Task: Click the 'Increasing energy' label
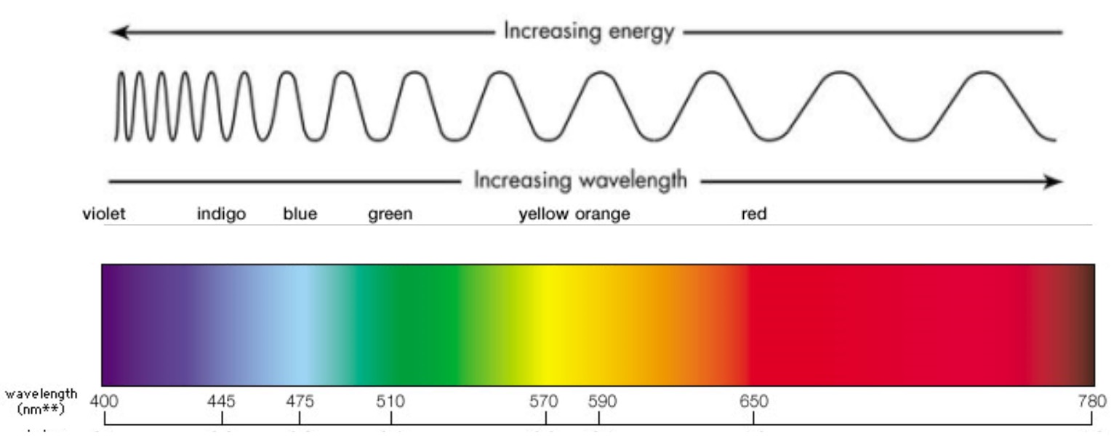click(x=589, y=33)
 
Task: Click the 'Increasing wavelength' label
click(x=580, y=180)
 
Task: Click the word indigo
click(x=221, y=214)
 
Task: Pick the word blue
click(x=300, y=214)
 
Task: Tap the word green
click(x=390, y=214)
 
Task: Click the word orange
click(x=603, y=214)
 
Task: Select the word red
click(x=753, y=214)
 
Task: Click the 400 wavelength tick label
click(x=105, y=401)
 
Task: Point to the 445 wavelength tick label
click(x=222, y=401)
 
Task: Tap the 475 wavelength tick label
click(x=300, y=401)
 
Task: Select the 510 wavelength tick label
click(x=391, y=401)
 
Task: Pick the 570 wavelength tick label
click(x=545, y=401)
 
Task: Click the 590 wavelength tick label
click(x=598, y=401)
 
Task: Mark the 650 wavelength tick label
click(x=753, y=401)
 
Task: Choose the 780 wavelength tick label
click(x=1092, y=401)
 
